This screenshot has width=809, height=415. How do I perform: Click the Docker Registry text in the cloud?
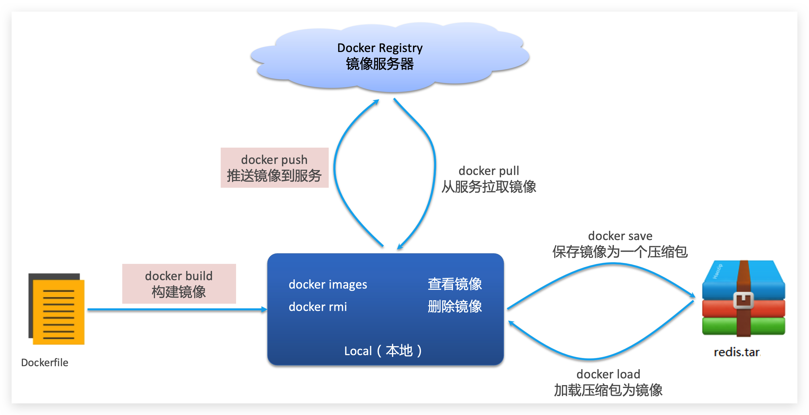click(380, 48)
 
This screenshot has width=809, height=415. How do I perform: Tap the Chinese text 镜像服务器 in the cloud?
click(380, 64)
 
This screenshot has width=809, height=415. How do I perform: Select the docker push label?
click(274, 160)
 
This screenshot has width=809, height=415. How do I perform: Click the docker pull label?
click(489, 171)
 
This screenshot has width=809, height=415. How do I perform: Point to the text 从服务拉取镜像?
click(489, 187)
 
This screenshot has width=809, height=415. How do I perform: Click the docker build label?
click(179, 276)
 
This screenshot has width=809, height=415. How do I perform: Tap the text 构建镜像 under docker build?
click(179, 292)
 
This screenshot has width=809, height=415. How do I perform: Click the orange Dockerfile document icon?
click(58, 311)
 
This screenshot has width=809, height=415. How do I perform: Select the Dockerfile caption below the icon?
click(45, 362)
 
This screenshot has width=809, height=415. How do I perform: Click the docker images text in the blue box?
click(328, 285)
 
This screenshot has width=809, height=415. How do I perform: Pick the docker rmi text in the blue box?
click(317, 307)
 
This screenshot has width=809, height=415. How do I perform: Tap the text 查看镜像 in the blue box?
click(454, 284)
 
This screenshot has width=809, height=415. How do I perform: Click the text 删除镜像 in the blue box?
click(454, 307)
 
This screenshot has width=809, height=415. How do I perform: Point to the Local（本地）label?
click(383, 351)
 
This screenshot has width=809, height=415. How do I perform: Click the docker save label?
click(620, 236)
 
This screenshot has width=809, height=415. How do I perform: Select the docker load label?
click(608, 374)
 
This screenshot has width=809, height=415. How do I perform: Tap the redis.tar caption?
click(737, 353)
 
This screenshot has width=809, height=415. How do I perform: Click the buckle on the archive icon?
click(743, 300)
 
